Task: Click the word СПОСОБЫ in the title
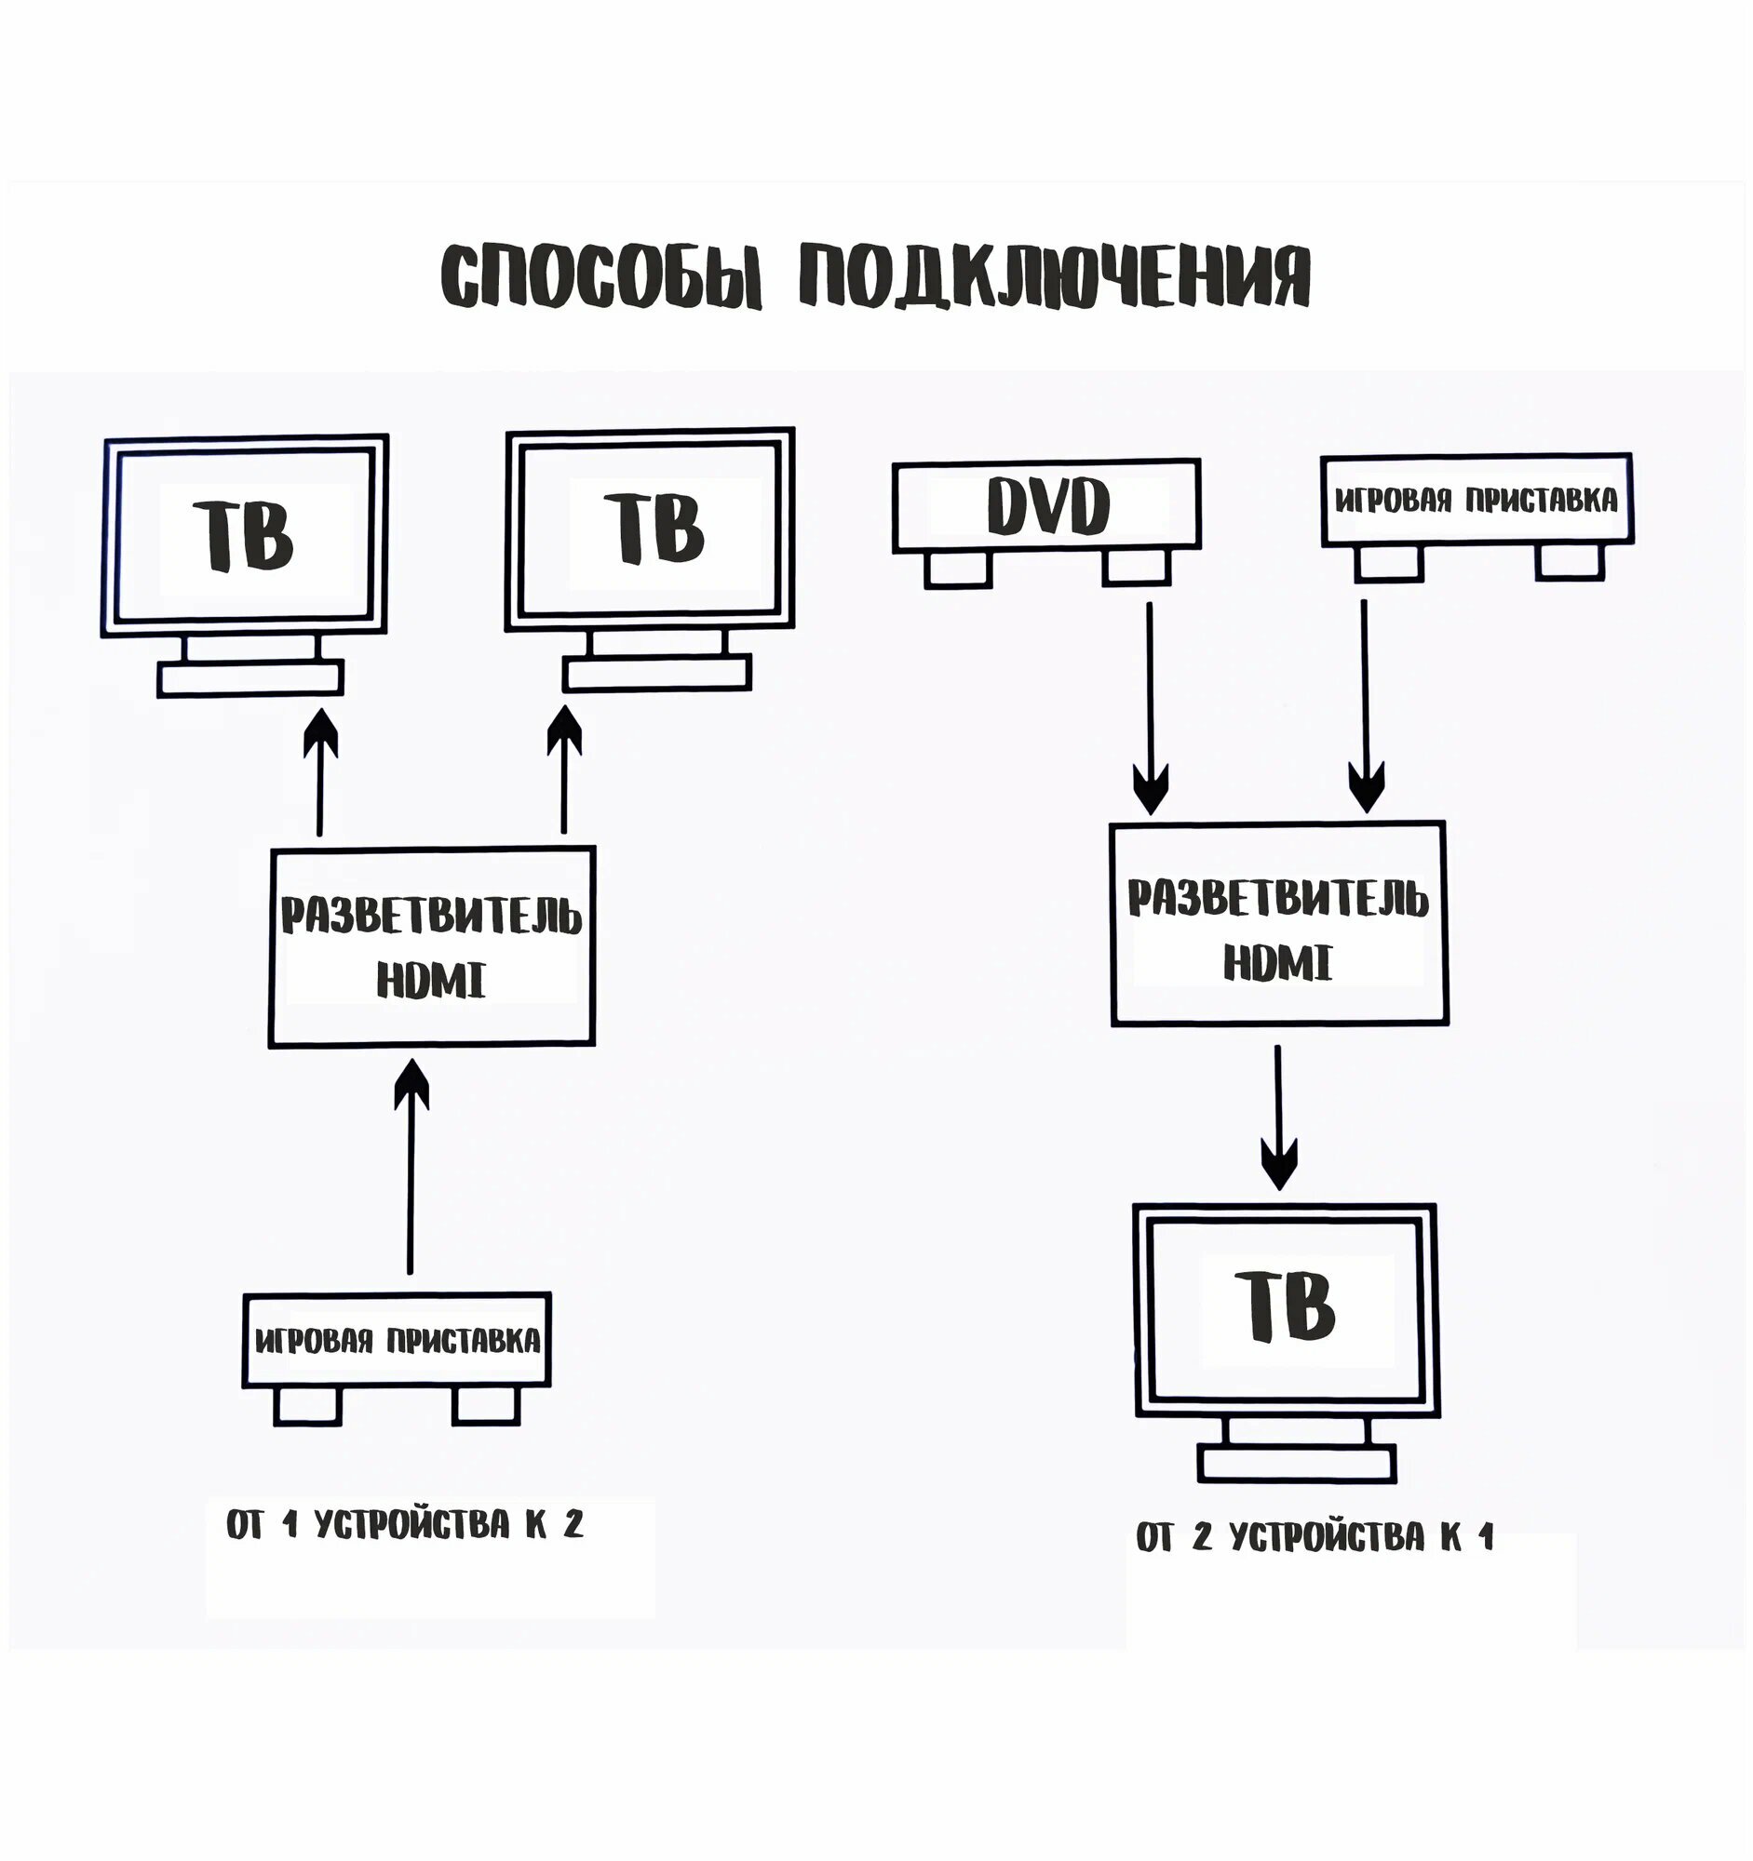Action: coord(601,276)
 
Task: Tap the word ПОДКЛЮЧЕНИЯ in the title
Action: coord(1055,276)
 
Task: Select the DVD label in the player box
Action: coord(1048,506)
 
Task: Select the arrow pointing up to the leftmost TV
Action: coord(320,772)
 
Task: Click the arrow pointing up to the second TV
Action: coord(564,770)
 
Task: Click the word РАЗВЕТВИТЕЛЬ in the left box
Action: coord(432,917)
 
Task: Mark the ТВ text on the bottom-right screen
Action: coord(1285,1306)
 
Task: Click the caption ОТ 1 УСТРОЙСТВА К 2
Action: coord(405,1525)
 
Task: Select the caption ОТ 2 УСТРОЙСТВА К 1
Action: coord(1314,1536)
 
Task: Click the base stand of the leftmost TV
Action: coord(250,678)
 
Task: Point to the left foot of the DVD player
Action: coord(958,569)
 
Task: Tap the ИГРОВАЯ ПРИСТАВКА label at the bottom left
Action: coord(397,1342)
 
